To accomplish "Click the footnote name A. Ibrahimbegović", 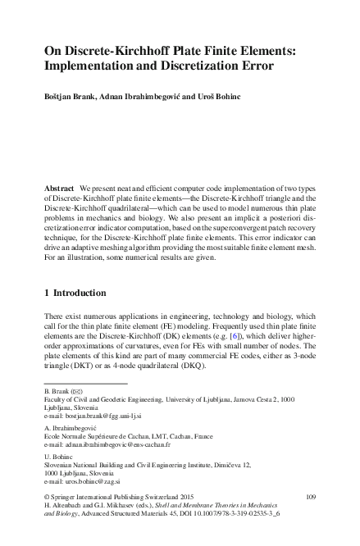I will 71,429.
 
